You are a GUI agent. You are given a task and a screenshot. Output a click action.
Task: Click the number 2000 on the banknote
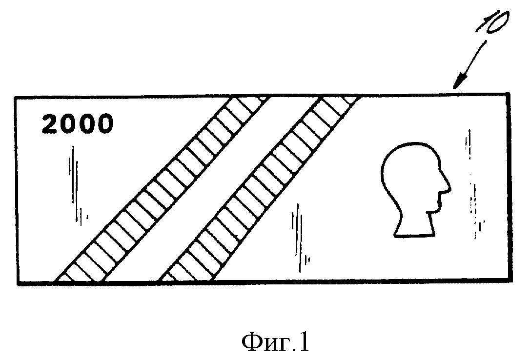coord(78,123)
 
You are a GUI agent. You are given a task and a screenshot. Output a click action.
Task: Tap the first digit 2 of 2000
coord(50,123)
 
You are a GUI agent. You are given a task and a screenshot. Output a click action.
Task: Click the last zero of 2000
coord(105,123)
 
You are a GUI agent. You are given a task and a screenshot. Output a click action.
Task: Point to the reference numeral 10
coord(493,22)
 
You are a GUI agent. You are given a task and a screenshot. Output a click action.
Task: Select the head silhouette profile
coord(415,189)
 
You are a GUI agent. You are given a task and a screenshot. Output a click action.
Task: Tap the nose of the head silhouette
coord(448,189)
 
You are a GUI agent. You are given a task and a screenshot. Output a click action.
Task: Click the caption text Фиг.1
coord(275,341)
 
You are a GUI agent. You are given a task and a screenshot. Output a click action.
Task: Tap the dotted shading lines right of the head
coord(474,184)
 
